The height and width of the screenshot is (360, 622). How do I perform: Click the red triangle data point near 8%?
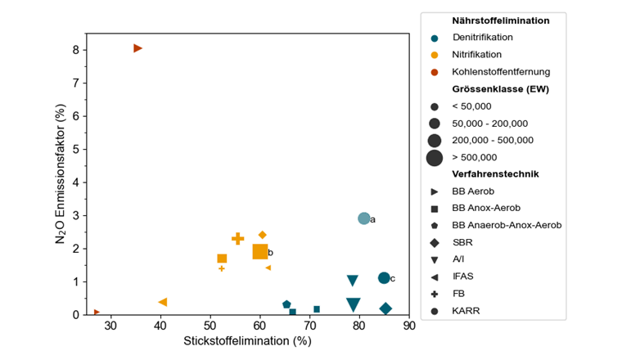point(137,48)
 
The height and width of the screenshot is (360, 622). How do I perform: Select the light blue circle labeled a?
point(364,218)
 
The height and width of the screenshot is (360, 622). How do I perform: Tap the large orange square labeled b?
point(260,252)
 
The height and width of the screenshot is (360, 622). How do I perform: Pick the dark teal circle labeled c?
point(384,278)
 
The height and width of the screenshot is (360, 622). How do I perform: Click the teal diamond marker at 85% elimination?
point(385,308)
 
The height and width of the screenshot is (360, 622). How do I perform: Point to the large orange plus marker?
point(238,239)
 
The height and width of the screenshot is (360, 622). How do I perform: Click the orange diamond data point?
point(262,235)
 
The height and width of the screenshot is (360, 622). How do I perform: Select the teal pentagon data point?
point(286,304)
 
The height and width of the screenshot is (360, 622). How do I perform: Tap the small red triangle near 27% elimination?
point(97,312)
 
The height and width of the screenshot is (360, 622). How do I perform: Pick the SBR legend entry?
point(462,242)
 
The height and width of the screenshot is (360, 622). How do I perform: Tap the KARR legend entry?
point(465,310)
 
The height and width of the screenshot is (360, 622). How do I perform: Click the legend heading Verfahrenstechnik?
point(495,174)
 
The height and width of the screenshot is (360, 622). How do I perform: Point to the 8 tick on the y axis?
point(75,49)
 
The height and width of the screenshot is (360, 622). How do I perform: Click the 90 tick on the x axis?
point(409,325)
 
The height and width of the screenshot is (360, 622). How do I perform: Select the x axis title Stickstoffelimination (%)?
point(247,340)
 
